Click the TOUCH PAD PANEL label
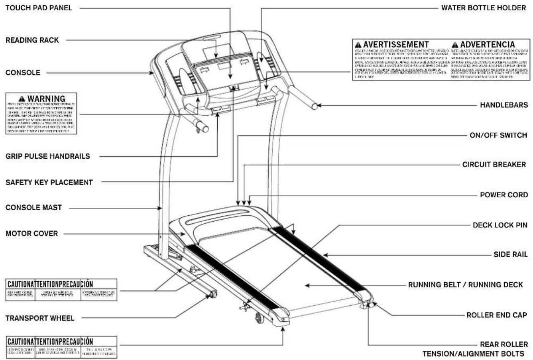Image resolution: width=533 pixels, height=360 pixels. click(x=39, y=8)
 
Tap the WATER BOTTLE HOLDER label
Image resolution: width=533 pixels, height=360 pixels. click(x=483, y=8)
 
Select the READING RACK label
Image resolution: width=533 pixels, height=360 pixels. click(x=32, y=40)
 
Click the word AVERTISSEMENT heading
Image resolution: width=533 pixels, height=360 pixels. click(x=396, y=44)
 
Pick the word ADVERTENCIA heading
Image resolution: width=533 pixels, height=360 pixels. click(x=487, y=44)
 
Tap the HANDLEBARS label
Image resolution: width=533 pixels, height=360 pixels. click(x=504, y=105)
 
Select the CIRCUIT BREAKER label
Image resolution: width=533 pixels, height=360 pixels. click(x=494, y=164)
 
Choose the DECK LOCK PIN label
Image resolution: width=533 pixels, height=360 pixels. click(x=500, y=225)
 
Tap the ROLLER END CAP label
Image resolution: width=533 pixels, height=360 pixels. click(x=497, y=315)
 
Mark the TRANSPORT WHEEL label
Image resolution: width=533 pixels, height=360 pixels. click(x=40, y=318)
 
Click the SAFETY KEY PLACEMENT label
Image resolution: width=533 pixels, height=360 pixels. click(x=49, y=182)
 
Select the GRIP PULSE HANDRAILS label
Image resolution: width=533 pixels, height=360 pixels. click(x=47, y=156)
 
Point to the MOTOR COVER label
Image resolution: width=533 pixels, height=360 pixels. click(x=31, y=233)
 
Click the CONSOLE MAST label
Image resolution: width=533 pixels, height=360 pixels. click(x=33, y=208)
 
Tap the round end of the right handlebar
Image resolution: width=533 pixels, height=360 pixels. click(x=315, y=106)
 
